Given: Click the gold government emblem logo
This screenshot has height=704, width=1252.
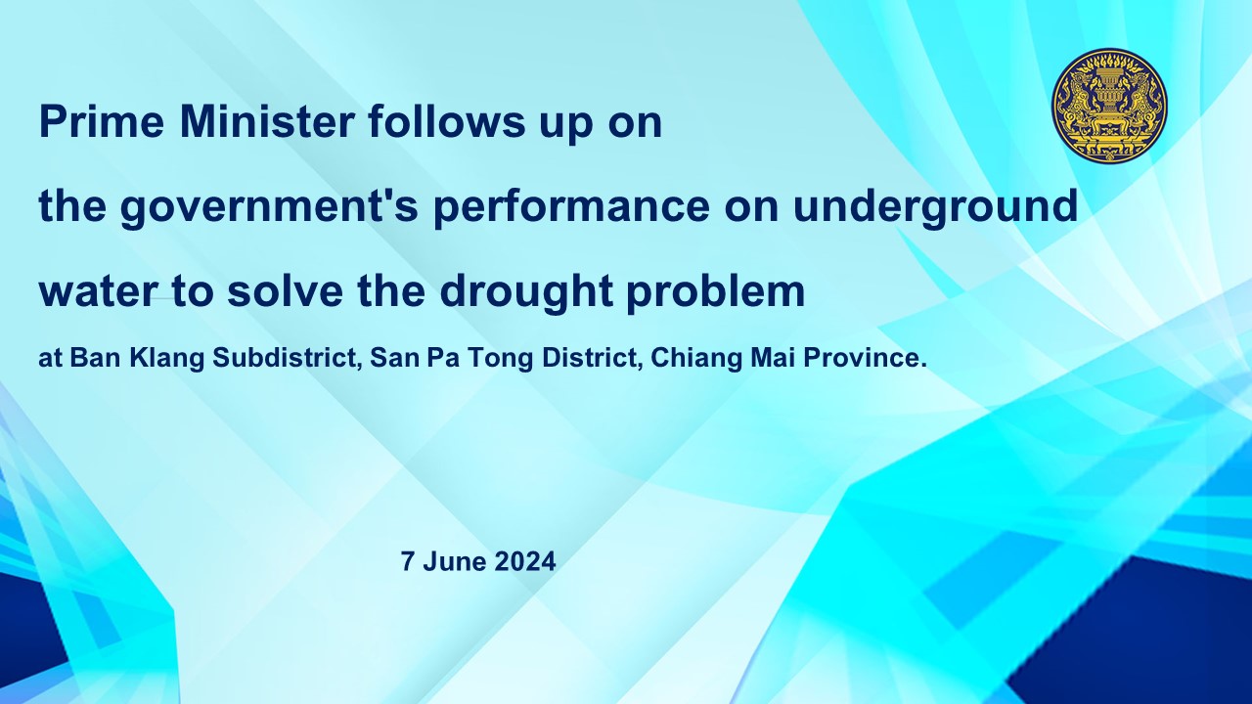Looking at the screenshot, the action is click(x=1109, y=105).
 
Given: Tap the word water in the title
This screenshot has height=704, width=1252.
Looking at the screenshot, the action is click(x=97, y=291).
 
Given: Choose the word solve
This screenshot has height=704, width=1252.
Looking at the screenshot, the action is click(x=285, y=290).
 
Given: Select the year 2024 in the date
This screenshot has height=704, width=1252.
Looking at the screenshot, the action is click(x=525, y=561).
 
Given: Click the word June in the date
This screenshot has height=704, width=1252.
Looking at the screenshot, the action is click(x=455, y=561).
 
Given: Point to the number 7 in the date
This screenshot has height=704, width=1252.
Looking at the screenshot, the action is click(x=408, y=561).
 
